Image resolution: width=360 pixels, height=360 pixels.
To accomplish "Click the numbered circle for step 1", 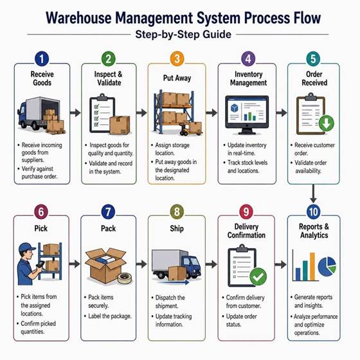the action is click(42, 59).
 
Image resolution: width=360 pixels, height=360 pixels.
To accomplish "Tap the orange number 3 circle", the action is click(177, 59).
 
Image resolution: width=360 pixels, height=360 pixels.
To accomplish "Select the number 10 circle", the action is click(313, 212).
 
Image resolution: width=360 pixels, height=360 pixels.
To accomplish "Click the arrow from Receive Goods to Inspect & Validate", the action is click(75, 113).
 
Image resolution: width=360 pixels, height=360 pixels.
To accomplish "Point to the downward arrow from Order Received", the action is click(313, 194).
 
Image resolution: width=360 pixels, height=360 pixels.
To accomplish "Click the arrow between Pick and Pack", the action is click(75, 264).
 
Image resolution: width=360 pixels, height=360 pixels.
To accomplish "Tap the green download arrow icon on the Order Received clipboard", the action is click(327, 123).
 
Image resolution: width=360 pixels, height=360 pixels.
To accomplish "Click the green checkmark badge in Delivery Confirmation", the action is click(258, 276).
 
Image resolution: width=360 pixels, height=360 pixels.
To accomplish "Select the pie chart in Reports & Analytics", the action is click(327, 267).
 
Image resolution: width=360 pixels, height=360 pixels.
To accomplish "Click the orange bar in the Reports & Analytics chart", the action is click(312, 267).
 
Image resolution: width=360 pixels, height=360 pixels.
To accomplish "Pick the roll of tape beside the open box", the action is click(125, 278).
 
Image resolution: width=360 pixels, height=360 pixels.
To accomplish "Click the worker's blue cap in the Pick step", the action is click(27, 248).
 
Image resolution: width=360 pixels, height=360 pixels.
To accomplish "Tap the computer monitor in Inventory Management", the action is click(247, 115).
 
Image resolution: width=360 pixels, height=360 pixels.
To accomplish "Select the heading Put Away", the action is click(177, 78).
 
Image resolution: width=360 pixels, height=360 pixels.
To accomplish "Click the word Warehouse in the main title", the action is click(78, 18).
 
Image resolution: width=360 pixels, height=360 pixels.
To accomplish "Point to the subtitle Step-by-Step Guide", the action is click(183, 35).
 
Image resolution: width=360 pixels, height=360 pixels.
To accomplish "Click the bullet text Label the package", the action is click(110, 316).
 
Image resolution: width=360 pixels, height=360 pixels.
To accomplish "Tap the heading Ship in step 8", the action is click(177, 228).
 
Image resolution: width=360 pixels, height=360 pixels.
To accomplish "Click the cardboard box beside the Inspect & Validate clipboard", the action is click(120, 125).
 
